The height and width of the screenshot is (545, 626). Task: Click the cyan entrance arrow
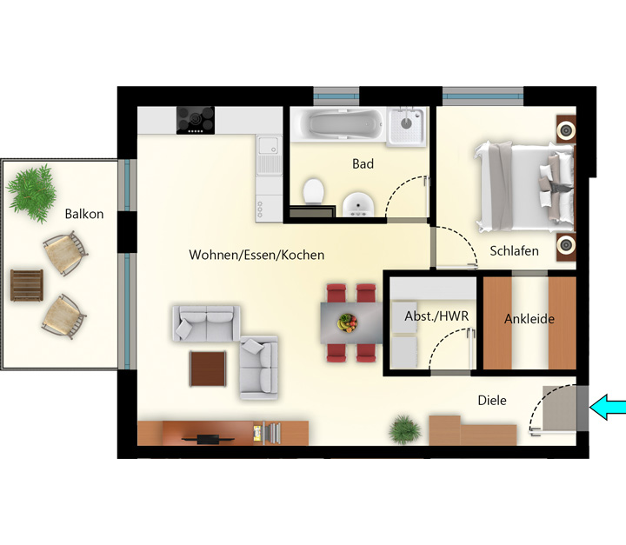point(608,408)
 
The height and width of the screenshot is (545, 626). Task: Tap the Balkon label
point(84,214)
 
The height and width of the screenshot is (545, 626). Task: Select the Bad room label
point(363,163)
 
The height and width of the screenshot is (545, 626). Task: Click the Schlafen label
point(514,250)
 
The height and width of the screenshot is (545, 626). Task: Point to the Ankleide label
point(529,319)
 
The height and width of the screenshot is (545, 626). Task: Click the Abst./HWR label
point(436,316)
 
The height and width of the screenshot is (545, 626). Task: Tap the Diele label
point(492,400)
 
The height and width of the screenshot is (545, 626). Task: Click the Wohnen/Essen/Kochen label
point(256,255)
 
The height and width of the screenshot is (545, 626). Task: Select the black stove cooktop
point(196,120)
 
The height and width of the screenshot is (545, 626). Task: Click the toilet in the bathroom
point(313,191)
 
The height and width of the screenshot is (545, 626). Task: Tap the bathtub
point(338,123)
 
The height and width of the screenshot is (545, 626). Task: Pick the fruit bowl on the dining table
point(347,323)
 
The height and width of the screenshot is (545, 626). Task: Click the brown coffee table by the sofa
point(208,369)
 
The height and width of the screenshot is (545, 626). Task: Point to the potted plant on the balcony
point(32,193)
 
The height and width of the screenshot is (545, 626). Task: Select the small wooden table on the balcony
point(27,285)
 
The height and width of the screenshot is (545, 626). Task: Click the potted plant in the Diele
point(405,429)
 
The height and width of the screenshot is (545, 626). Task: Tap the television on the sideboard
point(208,439)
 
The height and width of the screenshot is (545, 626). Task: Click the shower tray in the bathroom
point(406,126)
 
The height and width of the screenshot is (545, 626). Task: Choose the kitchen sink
point(269,155)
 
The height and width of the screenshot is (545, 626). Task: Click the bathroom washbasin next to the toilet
point(358,205)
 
